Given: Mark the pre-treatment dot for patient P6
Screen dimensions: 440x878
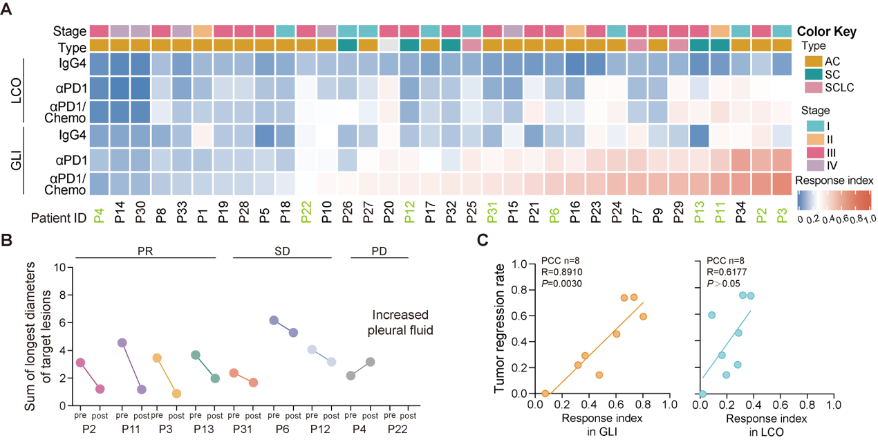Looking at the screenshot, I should [274, 320].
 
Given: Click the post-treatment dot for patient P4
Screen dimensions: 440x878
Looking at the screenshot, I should [370, 362].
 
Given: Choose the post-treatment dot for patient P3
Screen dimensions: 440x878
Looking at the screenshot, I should [176, 393].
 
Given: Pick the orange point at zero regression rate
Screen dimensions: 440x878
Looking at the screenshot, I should [545, 394].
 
